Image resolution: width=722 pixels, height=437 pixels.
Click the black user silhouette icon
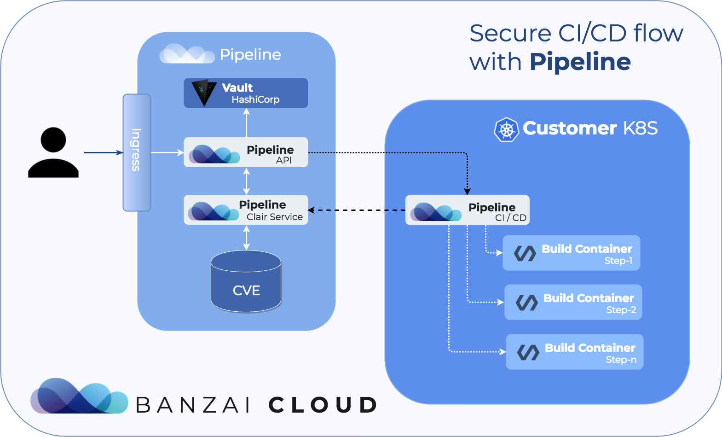[53, 152]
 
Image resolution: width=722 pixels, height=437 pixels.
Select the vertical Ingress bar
[137, 152]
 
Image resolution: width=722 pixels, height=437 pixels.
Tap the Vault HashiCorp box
[246, 93]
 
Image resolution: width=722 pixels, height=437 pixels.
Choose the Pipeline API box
[246, 152]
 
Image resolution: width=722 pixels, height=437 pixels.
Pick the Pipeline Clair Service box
[246, 210]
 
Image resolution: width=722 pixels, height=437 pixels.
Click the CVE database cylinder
[246, 281]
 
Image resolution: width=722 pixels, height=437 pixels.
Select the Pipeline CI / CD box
[467, 210]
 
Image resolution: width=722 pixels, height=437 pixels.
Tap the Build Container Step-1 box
[571, 253]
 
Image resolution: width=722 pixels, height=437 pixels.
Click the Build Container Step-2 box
[573, 302]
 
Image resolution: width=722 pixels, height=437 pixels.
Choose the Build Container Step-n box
[574, 352]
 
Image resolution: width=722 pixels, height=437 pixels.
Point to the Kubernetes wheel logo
[506, 129]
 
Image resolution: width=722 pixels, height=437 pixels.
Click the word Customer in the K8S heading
[569, 128]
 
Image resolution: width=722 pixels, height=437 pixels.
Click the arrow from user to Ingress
[103, 152]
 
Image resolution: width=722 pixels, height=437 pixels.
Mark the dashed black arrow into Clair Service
[357, 210]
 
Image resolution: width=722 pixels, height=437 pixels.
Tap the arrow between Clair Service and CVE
[247, 238]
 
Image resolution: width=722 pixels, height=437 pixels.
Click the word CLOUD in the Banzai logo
[323, 405]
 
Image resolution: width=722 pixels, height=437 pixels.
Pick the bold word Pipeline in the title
[580, 62]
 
